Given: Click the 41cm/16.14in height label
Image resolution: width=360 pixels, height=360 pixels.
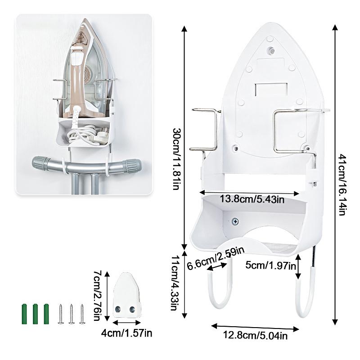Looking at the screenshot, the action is (x=342, y=185).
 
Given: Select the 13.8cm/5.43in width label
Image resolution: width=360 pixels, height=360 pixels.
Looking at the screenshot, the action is (x=252, y=199).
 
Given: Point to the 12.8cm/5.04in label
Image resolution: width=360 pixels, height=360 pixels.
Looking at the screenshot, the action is (x=255, y=335).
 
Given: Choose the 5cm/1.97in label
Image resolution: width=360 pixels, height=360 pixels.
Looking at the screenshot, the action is (x=271, y=265).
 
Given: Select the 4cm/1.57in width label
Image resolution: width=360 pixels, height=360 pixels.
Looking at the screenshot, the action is (x=126, y=333).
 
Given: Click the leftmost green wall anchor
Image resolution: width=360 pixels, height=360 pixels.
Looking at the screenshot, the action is (x=24, y=314).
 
